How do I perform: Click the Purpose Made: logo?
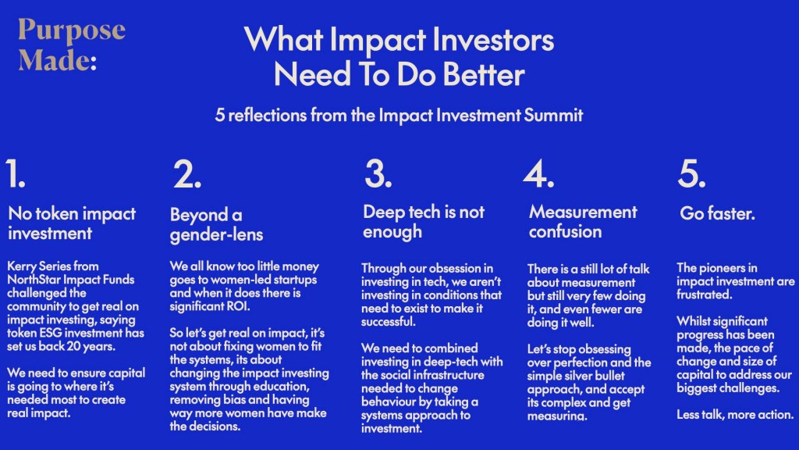coord(71,45)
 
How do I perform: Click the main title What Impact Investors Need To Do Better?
coord(399,56)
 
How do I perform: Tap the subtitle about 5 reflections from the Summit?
coord(399,116)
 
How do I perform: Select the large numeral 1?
coord(16,173)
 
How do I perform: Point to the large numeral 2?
coord(187,174)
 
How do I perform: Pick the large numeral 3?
coord(378,173)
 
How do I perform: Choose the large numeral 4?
coord(538,173)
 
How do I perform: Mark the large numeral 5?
coord(691,173)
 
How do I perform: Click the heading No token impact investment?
coord(72,223)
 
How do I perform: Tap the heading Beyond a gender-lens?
coord(217,224)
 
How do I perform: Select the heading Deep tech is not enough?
coord(424,221)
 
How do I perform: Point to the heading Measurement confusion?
coord(583,221)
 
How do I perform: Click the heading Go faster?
coord(718,213)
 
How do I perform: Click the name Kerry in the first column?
coord(21,266)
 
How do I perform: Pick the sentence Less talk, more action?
coord(735,415)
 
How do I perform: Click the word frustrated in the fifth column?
coord(705,295)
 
